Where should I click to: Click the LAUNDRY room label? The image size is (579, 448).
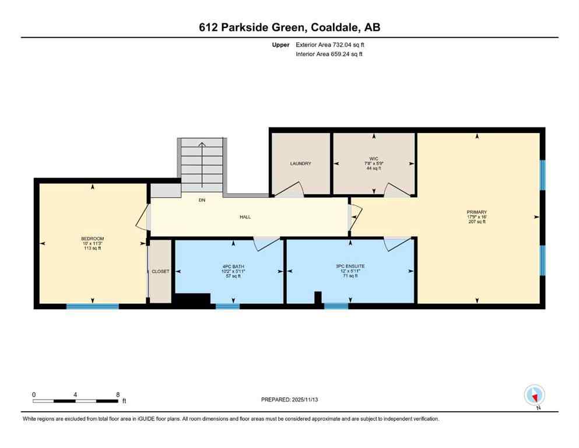pos(300,164)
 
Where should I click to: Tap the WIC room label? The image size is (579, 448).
pos(374,158)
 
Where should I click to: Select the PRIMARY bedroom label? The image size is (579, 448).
pos(476,212)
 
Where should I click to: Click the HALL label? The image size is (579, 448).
pos(245,217)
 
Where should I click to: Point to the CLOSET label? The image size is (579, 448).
pos(160,271)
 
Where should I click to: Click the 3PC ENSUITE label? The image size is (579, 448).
pos(350,266)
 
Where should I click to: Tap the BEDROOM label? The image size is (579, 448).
pos(92,239)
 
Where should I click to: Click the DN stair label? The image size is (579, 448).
pos(202,200)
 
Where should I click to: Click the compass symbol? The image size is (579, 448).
pos(534,395)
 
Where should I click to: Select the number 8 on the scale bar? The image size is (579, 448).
pos(117,394)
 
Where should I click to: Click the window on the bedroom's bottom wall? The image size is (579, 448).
pos(92,306)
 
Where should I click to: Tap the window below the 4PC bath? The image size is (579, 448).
pos(227,306)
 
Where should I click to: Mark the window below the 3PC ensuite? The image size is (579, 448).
pos(336,306)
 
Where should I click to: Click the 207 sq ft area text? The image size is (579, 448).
pos(476,222)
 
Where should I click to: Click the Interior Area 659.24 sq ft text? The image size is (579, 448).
pos(330,54)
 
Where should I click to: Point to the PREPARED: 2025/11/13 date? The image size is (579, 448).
pos(289,400)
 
